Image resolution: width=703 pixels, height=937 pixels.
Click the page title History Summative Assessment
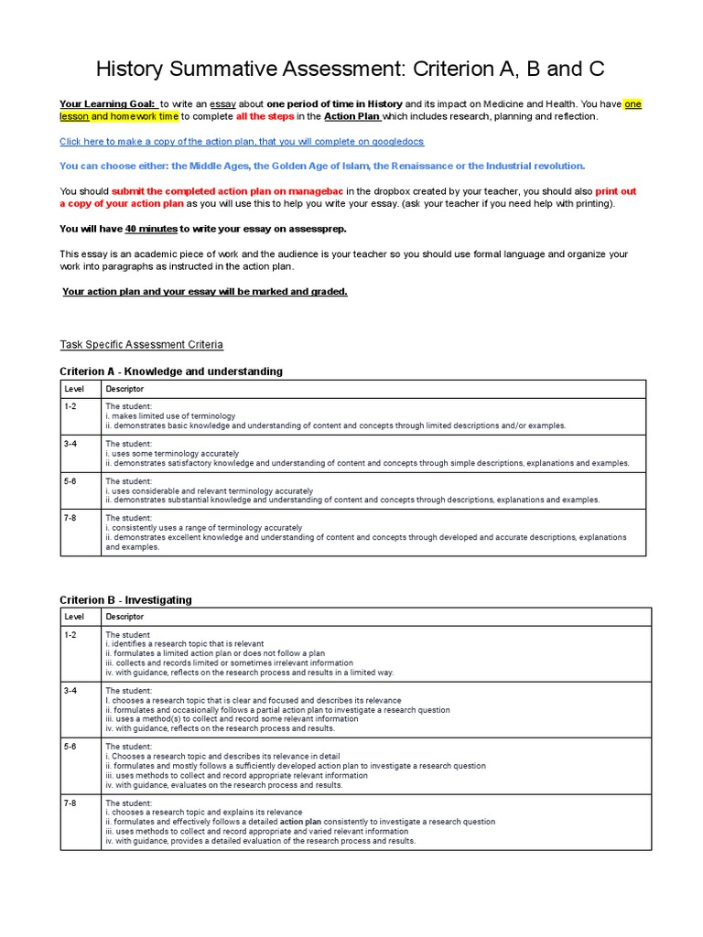pos(351,70)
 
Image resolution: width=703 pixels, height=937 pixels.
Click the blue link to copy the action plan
pos(242,142)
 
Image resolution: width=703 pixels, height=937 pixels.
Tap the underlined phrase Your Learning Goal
pos(107,104)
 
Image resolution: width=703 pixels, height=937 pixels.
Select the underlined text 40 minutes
pos(151,229)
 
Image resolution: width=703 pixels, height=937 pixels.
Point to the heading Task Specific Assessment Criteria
pos(141,345)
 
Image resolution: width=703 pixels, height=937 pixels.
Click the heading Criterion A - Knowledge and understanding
pos(171,372)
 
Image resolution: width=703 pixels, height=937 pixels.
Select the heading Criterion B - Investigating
pos(125,600)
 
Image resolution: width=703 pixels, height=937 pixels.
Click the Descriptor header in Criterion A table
pos(124,389)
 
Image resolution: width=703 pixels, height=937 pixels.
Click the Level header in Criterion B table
pos(74,617)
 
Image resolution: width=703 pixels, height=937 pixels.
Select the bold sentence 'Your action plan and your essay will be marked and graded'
pos(204,292)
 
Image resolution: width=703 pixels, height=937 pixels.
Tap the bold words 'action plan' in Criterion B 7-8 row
pos(300,822)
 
